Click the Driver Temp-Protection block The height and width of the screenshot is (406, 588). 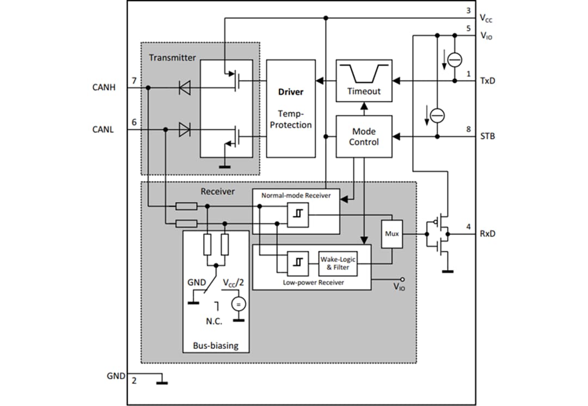[x=291, y=108]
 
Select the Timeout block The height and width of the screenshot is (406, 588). [x=364, y=81]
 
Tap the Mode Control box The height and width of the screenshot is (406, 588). [x=364, y=136]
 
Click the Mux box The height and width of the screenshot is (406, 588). [x=391, y=234]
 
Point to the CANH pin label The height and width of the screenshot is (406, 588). [x=104, y=87]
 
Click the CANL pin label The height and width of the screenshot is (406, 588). [x=103, y=130]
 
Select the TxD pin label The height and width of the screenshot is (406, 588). [x=487, y=81]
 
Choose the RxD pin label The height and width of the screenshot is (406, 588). [x=488, y=234]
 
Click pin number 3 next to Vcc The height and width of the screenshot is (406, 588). [x=469, y=11]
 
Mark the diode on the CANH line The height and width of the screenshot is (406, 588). [x=185, y=87]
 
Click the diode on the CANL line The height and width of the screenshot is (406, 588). [x=185, y=130]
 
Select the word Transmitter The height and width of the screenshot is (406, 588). [x=172, y=58]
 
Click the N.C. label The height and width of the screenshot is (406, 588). [x=214, y=321]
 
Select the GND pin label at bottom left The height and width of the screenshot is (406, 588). [x=117, y=375]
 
